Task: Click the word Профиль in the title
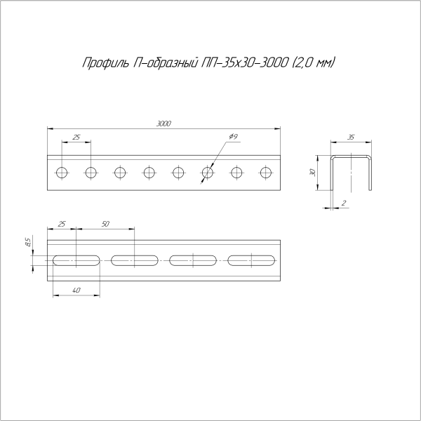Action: [105, 64]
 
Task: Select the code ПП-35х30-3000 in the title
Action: [239, 64]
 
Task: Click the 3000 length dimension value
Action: [164, 123]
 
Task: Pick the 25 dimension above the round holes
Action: [76, 137]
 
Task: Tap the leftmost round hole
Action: [62, 172]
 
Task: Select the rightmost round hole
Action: [266, 172]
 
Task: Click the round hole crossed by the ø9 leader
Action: [208, 172]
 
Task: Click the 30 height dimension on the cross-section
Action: [312, 173]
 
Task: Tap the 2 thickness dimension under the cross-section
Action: [343, 203]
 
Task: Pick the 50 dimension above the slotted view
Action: [105, 224]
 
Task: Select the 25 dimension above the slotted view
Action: [62, 224]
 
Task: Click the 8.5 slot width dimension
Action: [27, 243]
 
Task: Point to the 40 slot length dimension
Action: [76, 290]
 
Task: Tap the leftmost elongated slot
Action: [76, 260]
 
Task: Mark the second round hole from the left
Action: [91, 172]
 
